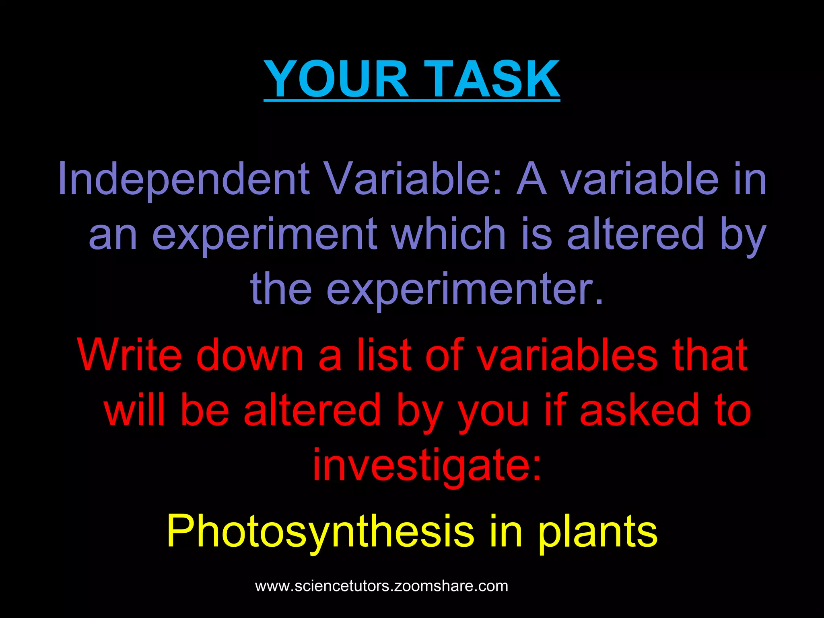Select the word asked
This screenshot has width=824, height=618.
tap(640, 410)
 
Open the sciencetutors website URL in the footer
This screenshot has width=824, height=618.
tap(381, 586)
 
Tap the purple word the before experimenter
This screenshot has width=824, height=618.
tap(281, 288)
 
